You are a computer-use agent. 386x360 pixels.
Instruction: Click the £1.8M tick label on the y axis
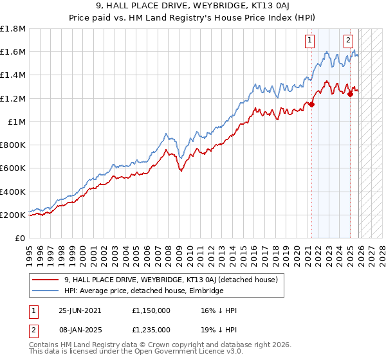pyautogui.click(x=13, y=29)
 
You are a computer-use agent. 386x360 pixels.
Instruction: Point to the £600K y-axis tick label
pyautogui.click(x=13, y=168)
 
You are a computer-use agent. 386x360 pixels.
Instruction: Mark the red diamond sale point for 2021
pyautogui.click(x=312, y=104)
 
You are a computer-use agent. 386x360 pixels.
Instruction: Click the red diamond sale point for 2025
pyautogui.click(x=351, y=94)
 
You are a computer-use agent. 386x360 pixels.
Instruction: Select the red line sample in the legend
pyautogui.click(x=46, y=280)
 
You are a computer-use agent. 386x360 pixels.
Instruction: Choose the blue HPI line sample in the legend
pyautogui.click(x=46, y=291)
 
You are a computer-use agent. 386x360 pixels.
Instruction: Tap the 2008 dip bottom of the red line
pyautogui.click(x=181, y=171)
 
